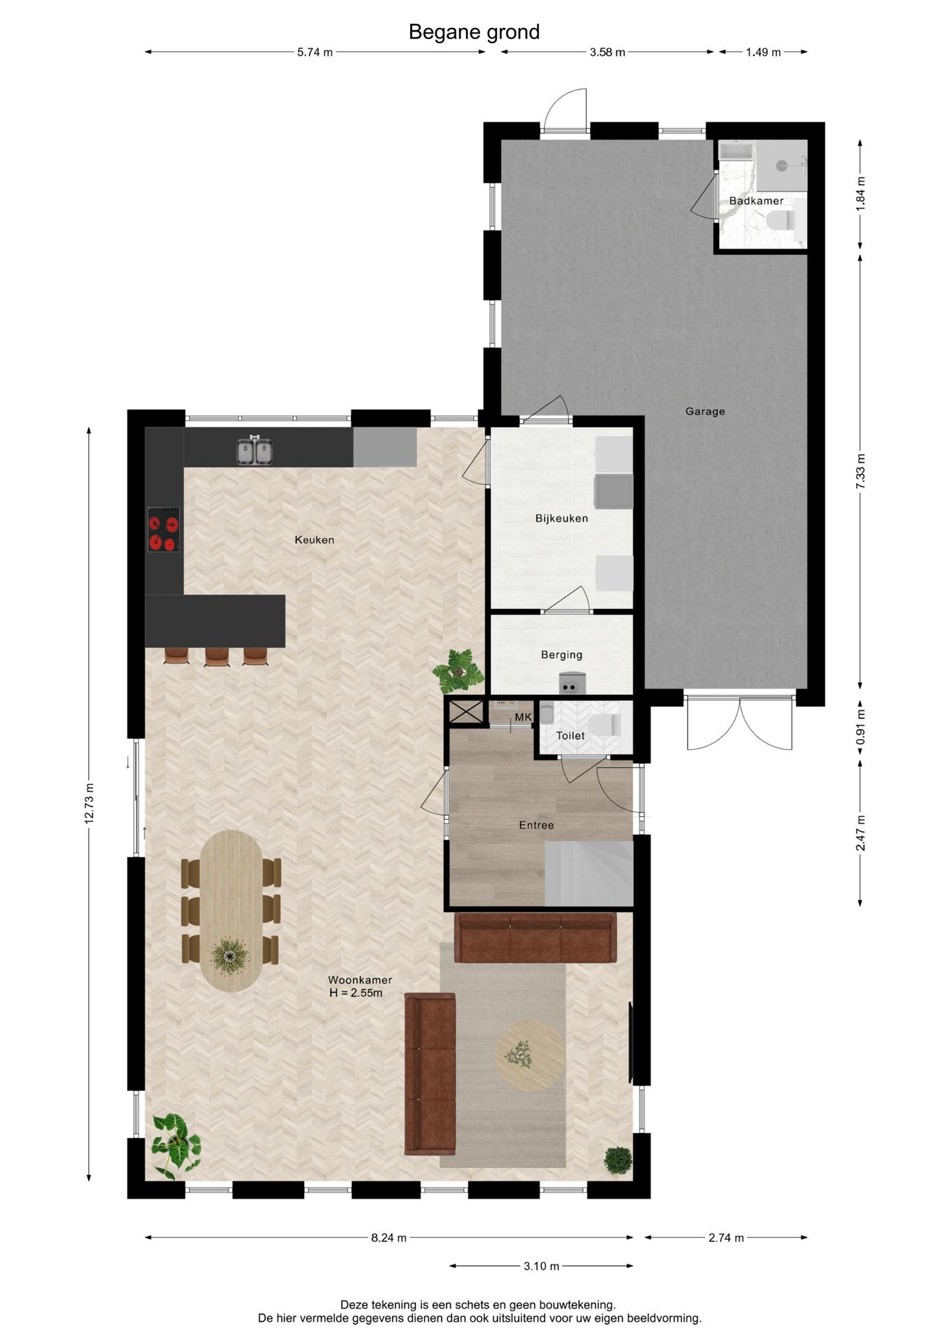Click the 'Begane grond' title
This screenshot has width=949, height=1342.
[x=474, y=32]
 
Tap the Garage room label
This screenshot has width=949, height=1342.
[x=704, y=412]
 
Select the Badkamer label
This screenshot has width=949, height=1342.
[x=756, y=201]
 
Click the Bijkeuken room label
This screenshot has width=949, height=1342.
[x=561, y=519]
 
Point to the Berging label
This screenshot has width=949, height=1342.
[x=561, y=655]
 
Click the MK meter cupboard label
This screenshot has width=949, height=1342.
[x=523, y=717]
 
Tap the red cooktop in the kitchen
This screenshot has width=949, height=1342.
[x=164, y=530]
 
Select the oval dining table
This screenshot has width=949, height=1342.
[x=231, y=910]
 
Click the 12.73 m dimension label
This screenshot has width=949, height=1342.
[x=89, y=804]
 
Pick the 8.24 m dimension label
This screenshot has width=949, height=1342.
[x=389, y=1238]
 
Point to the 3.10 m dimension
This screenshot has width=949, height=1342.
[x=541, y=1266]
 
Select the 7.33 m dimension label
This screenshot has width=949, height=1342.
[x=860, y=471]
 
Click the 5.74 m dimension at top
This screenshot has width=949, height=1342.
[x=314, y=52]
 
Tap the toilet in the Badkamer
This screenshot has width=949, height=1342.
[x=781, y=221]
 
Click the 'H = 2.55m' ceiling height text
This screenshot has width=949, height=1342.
[x=356, y=993]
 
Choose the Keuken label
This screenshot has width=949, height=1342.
[x=314, y=540]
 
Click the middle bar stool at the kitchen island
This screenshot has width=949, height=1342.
[x=217, y=656]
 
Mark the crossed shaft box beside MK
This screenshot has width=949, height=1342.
[x=465, y=712]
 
